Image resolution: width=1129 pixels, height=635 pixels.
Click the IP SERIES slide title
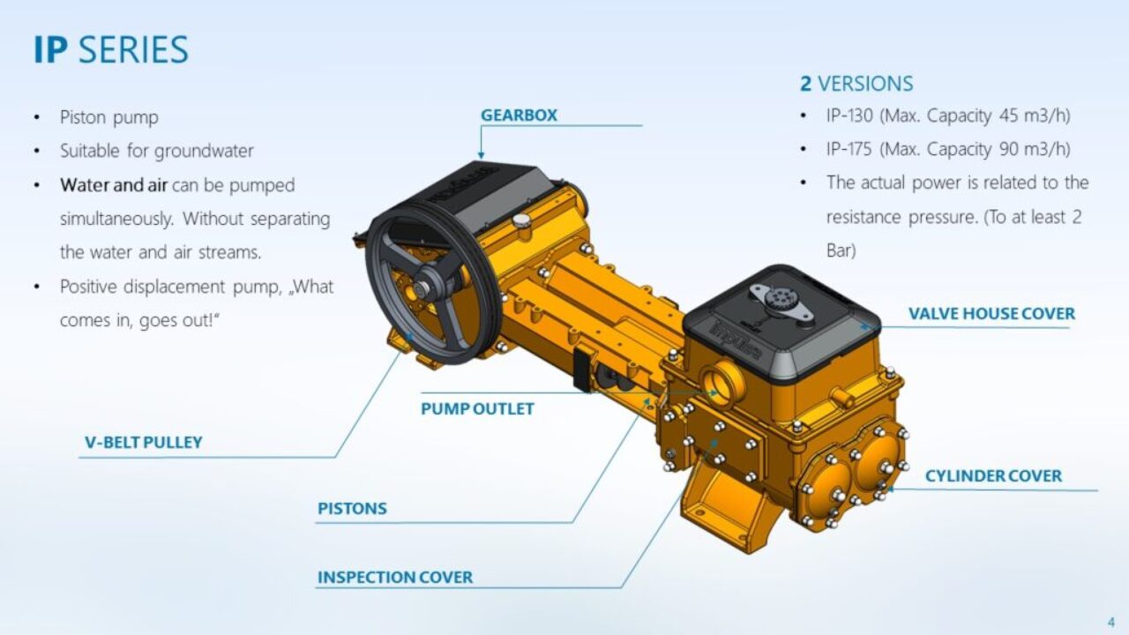click(x=111, y=50)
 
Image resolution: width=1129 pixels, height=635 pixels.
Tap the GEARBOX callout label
click(x=519, y=116)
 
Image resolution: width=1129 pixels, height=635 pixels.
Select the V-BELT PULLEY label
click(x=144, y=443)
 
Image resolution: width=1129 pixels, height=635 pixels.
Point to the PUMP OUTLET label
click(x=477, y=408)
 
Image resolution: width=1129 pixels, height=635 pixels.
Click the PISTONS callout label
click(x=352, y=509)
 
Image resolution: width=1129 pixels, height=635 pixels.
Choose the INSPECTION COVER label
click(x=395, y=578)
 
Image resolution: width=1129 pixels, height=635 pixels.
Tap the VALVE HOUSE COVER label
click(x=991, y=314)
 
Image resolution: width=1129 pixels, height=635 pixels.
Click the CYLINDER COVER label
click(x=993, y=476)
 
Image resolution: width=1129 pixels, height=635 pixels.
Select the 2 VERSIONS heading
click(x=856, y=84)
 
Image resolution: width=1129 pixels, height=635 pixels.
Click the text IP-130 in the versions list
click(x=849, y=116)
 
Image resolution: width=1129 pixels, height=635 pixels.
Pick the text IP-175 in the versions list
click(x=849, y=149)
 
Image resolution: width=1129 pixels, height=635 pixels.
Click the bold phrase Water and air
click(x=114, y=185)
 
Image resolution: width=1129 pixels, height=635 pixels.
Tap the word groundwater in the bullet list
click(x=204, y=151)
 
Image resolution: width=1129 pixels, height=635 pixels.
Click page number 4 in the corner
click(x=1110, y=622)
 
